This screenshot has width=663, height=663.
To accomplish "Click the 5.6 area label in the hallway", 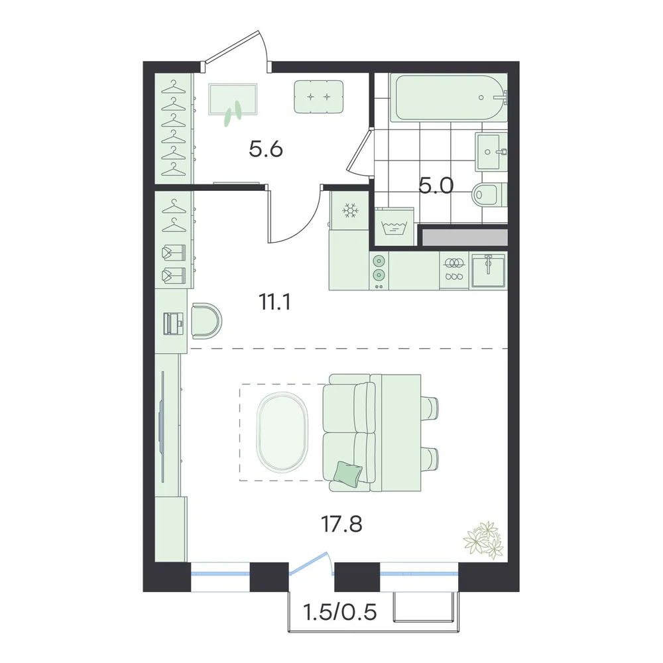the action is pos(266,149).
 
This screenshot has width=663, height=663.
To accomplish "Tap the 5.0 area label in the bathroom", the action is pos(436,186).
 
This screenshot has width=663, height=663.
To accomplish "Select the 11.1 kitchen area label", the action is pos(274,303).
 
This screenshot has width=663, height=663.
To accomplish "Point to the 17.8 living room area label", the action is pos(341,524).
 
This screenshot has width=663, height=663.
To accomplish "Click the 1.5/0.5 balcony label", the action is pos(340,611).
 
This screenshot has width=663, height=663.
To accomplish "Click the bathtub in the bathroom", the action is pos(448,97).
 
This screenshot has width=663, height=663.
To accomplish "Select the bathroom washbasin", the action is pos(491,151).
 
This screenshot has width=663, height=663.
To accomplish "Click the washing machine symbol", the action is pos(394,227).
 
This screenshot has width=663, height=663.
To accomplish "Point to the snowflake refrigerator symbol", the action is pos(350,210).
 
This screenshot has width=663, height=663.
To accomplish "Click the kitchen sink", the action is pos(489,271).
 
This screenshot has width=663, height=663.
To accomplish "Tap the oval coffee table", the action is pos(282,432).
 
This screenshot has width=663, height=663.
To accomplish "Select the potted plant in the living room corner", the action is pos(484,540).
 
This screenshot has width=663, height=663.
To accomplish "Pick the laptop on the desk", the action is pos(174,324).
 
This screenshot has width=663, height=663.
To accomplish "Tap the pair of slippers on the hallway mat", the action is pos(233,113).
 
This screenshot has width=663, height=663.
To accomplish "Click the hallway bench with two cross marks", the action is pos(319,97).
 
